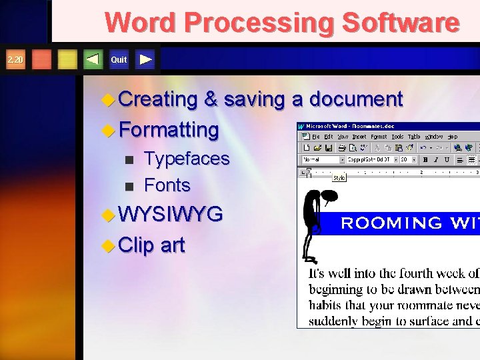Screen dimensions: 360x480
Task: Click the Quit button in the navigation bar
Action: [x=119, y=60]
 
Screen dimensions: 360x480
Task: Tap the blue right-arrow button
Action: [x=146, y=60]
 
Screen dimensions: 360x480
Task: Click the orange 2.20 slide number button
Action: [x=15, y=60]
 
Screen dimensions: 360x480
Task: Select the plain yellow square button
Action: [x=67, y=60]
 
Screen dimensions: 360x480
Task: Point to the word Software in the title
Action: [x=400, y=23]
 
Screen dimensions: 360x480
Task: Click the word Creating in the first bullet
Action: [x=157, y=99]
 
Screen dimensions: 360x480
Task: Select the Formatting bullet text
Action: [x=168, y=129]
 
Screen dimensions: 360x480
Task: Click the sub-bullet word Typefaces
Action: [x=187, y=159]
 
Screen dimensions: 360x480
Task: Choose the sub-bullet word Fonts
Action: [x=167, y=185]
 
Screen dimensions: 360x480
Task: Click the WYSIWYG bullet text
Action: [x=170, y=215]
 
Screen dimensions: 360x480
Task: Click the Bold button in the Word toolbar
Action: [x=424, y=160]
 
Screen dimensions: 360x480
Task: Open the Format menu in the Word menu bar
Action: [x=379, y=137]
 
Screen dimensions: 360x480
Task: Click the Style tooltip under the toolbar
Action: [x=339, y=178]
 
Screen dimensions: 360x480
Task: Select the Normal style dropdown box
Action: [x=323, y=160]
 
